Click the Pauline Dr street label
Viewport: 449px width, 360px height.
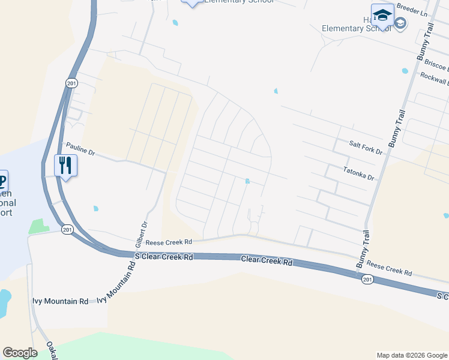pyautogui.click(x=80, y=148)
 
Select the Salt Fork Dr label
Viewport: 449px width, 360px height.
pyautogui.click(x=366, y=148)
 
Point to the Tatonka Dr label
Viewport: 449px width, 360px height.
pyautogui.click(x=358, y=174)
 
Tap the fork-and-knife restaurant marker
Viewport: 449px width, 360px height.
pyautogui.click(x=65, y=165)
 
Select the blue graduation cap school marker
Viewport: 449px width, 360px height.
pyautogui.click(x=382, y=15)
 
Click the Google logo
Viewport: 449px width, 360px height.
pyautogui.click(x=20, y=353)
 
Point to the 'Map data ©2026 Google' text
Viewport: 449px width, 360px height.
pyautogui.click(x=411, y=355)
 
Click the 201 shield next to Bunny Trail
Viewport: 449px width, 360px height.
pyautogui.click(x=366, y=279)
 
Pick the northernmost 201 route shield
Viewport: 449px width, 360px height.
pyautogui.click(x=72, y=83)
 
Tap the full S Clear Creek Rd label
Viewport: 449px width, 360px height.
pyautogui.click(x=164, y=256)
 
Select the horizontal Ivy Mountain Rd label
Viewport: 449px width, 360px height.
pyautogui.click(x=62, y=301)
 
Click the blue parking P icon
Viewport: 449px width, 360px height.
pyautogui.click(x=2, y=180)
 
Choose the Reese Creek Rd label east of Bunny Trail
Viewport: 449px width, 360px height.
pyautogui.click(x=389, y=268)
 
